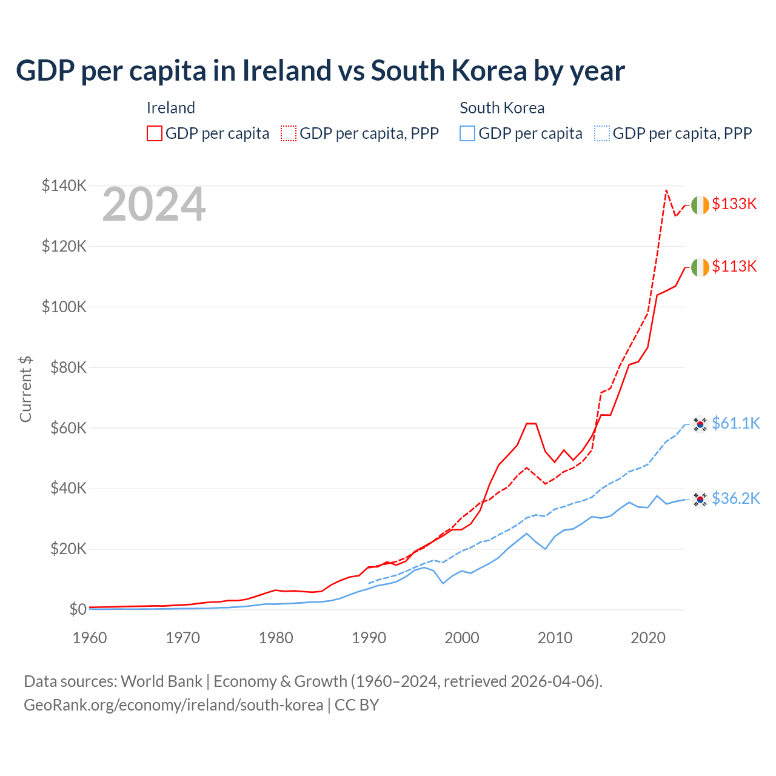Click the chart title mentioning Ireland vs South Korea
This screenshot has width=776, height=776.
tap(320, 71)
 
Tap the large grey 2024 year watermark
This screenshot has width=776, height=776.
tap(154, 205)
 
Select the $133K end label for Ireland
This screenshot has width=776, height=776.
tap(734, 204)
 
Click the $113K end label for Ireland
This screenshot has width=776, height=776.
tap(734, 266)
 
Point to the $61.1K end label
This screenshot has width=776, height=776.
tap(735, 423)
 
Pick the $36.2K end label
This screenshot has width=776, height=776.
tap(735, 498)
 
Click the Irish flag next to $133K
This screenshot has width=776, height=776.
tap(700, 206)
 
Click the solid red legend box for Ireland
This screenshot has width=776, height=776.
tap(155, 133)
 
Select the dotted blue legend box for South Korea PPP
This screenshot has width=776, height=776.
tap(602, 133)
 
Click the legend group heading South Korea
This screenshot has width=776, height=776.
tap(502, 108)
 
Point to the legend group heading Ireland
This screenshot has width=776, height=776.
tap(171, 108)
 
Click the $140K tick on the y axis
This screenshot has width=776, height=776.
tap(64, 186)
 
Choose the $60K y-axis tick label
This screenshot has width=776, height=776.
tap(64, 428)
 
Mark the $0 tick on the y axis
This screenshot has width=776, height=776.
tap(78, 609)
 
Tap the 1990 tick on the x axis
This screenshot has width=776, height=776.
tap(369, 638)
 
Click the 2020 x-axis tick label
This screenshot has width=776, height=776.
tap(648, 638)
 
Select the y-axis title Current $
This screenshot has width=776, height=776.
tap(25, 389)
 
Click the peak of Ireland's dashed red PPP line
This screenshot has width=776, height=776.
tap(666, 190)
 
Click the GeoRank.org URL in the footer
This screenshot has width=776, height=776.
tap(173, 705)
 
